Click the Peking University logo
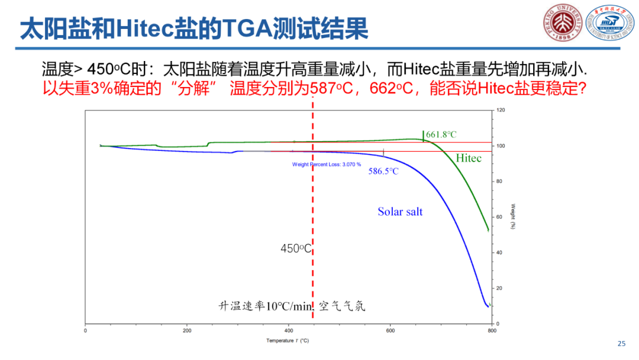[559, 24]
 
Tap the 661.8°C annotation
[441, 135]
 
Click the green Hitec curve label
[469, 158]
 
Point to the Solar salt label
[400, 211]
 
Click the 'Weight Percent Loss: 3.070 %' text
[327, 164]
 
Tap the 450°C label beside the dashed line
[296, 249]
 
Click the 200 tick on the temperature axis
[188, 330]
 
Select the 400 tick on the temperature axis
[289, 330]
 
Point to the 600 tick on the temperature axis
[390, 330]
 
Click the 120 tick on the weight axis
[501, 111]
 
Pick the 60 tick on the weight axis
[499, 217]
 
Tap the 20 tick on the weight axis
[499, 288]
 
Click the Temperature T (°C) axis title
[288, 340]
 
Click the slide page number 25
[621, 343]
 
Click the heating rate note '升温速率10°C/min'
[264, 306]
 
